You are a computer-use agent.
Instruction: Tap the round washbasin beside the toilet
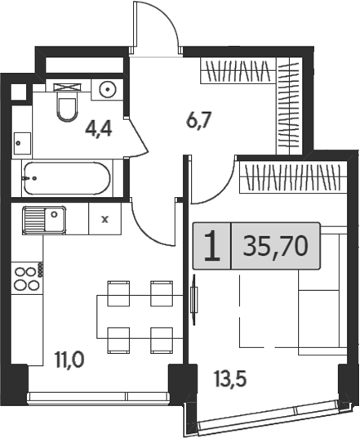(x=108, y=89)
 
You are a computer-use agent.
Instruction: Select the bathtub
(x=67, y=178)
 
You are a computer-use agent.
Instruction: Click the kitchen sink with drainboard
(x=44, y=220)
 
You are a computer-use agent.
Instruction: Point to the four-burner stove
(x=27, y=278)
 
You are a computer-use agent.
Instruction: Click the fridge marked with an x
(x=105, y=219)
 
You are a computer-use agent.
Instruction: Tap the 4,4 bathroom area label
(x=99, y=130)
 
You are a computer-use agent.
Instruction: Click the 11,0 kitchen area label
(x=69, y=360)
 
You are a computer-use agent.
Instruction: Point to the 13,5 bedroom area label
(x=230, y=380)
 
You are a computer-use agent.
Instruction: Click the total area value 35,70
(x=275, y=246)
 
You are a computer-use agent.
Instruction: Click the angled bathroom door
(x=137, y=137)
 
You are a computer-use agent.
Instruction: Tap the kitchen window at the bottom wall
(x=98, y=396)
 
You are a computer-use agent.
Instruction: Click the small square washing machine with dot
(x=22, y=143)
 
